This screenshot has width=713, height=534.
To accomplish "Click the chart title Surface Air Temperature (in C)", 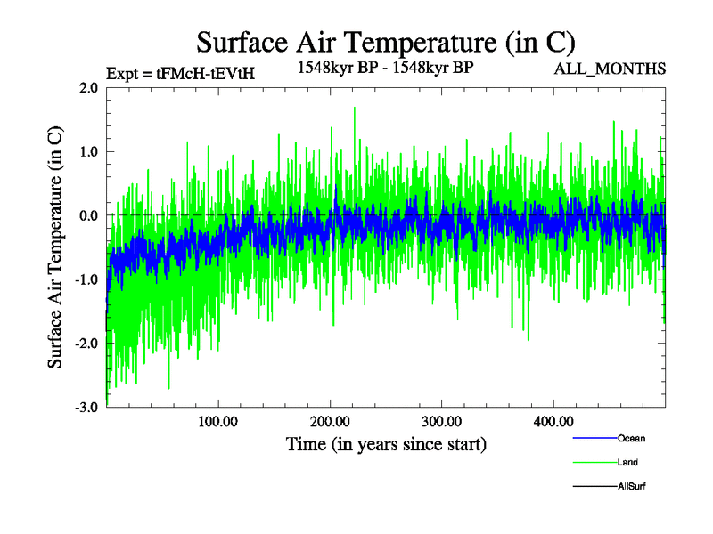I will point(386,42).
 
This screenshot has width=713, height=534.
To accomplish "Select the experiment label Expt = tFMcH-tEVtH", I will point(180,74).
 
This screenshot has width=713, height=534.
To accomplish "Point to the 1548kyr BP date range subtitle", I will point(385,67).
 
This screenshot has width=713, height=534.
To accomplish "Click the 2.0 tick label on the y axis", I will point(88,88).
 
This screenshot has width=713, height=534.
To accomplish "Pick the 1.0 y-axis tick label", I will point(88,152).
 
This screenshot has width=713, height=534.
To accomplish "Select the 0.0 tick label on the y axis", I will point(88,215).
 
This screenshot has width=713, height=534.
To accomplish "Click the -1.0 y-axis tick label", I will point(86,279).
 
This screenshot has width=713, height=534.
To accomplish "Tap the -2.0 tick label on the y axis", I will point(86,344).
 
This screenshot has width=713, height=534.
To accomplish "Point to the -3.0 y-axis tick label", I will point(86,408).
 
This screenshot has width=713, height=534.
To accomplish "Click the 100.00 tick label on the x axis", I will point(217,421).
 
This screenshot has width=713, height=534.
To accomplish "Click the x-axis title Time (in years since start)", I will point(386,443).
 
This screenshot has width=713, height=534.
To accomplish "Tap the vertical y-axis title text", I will point(55,247).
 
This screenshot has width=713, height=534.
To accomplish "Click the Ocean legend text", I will point(631,439).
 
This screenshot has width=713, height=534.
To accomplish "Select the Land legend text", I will point(627,463).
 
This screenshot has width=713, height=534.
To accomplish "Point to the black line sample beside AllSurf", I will point(594,487).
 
